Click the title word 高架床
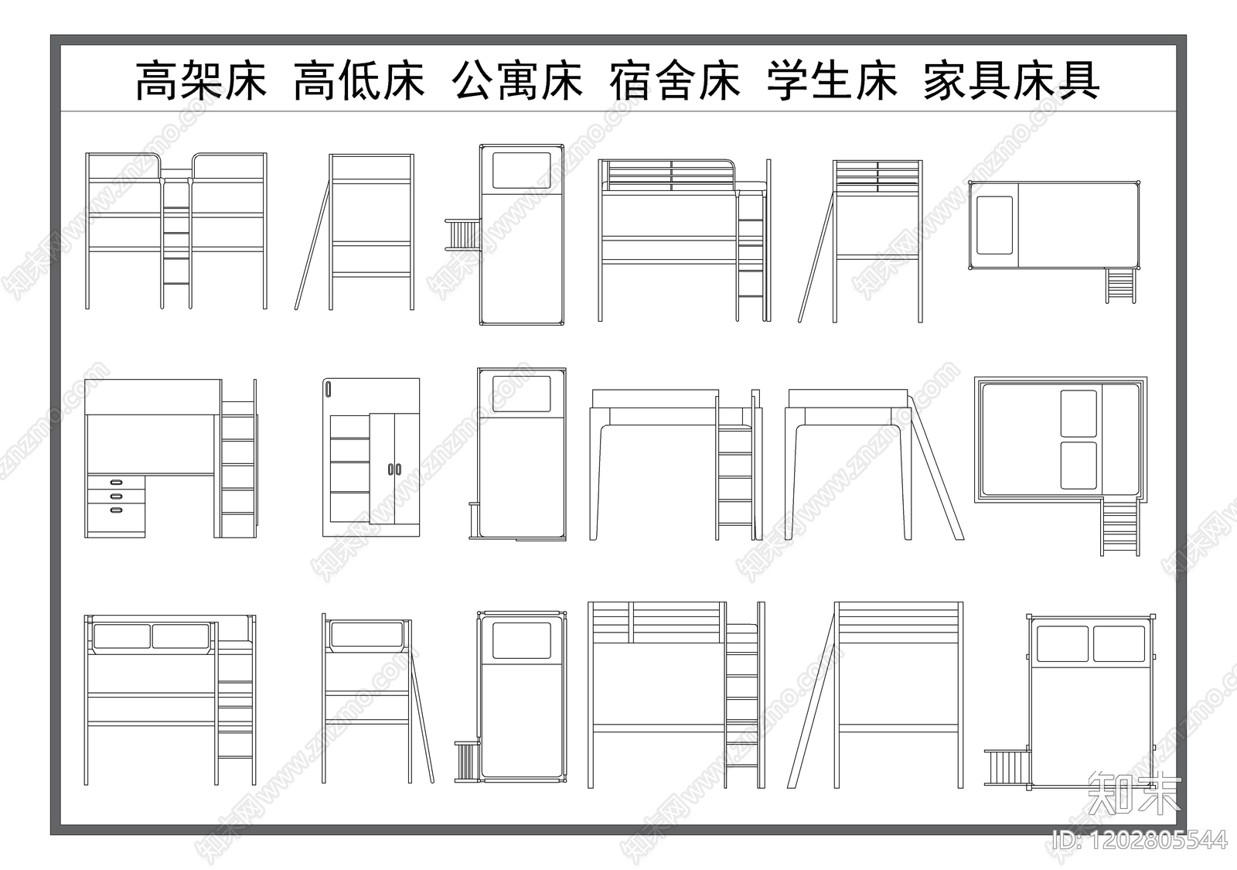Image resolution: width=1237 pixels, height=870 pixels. tap(201, 81)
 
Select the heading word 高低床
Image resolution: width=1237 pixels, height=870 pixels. tap(360, 81)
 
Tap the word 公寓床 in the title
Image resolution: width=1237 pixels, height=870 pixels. tap(517, 81)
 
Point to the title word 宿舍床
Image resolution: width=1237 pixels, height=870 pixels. tap(675, 81)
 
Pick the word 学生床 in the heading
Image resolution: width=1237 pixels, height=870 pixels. tap(833, 81)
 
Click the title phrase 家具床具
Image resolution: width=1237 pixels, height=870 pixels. tap(1011, 81)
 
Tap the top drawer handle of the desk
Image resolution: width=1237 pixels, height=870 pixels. tap(117, 483)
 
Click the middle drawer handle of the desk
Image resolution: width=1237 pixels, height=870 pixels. tap(117, 496)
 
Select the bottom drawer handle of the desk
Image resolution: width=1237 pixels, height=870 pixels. tap(117, 510)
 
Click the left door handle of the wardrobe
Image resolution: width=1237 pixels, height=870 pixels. tap(391, 469)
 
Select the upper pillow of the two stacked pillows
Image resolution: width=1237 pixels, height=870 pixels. tap(1079, 414)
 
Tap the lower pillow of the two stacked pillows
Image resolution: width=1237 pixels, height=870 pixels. tap(1079, 466)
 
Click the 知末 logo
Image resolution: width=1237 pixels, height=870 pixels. tap(1135, 791)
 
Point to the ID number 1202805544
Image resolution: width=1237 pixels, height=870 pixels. tap(1140, 840)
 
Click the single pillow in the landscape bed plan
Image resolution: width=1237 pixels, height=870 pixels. tap(994, 225)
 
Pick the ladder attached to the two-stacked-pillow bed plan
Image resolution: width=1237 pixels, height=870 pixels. tap(1120, 527)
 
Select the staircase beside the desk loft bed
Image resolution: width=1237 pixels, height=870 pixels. tap(238, 468)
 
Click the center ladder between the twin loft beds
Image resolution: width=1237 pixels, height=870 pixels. tap(176, 244)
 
